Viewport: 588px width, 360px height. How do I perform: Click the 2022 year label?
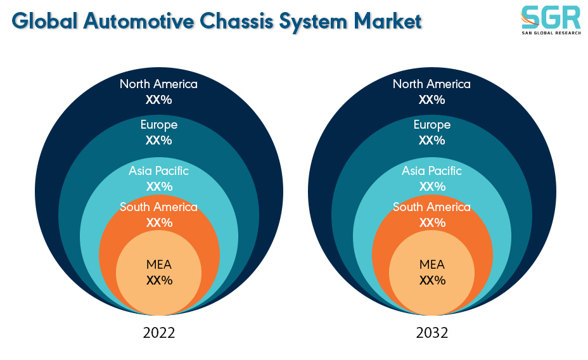coord(158,333)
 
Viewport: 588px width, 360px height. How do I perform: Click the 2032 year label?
coord(431,333)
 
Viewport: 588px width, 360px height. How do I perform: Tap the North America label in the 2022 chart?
coord(158,84)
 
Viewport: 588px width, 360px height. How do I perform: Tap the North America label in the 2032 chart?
coord(431,84)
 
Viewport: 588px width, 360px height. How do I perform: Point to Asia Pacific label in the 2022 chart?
coord(158,171)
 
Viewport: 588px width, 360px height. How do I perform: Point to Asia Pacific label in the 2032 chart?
coord(431,171)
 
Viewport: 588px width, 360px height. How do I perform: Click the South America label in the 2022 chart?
coord(158,207)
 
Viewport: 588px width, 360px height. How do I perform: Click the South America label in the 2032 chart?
coord(431,207)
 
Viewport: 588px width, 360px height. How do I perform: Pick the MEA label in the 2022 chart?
coord(159,265)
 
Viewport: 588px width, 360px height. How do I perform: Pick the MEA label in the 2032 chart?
coord(432,265)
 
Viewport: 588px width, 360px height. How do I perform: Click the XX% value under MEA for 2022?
coord(160,281)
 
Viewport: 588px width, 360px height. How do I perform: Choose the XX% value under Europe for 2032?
coord(432,140)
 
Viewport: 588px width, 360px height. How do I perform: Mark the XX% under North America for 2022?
coord(159,100)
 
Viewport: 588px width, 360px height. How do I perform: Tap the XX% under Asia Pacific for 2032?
coord(432,186)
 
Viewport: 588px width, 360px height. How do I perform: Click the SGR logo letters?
coord(551,18)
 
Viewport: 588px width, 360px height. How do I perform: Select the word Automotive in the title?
coord(139,21)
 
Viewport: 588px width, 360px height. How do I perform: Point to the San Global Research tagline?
coord(551,33)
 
